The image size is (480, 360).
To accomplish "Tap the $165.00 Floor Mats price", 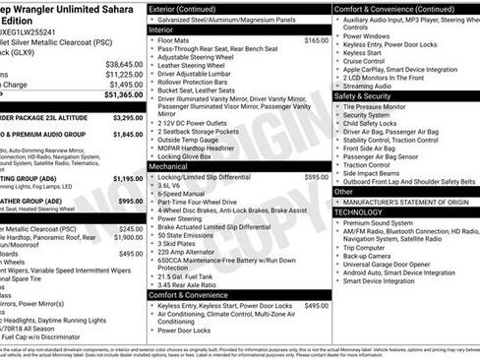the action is click(x=316, y=40).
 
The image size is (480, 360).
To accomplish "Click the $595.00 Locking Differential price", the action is click(x=317, y=177).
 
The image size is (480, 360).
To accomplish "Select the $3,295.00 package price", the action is click(x=121, y=116).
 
